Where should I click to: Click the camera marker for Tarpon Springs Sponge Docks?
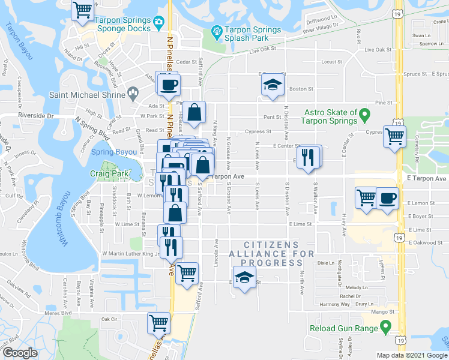(x=159, y=23)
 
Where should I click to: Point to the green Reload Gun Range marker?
(x=385, y=328)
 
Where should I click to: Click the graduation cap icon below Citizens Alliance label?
(x=244, y=278)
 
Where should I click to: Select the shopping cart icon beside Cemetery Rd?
(x=394, y=136)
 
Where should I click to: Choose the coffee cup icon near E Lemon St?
(x=387, y=197)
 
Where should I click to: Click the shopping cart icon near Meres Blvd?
(x=159, y=322)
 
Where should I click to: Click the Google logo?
(x=20, y=353)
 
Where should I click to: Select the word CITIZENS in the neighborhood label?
(x=271, y=245)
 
